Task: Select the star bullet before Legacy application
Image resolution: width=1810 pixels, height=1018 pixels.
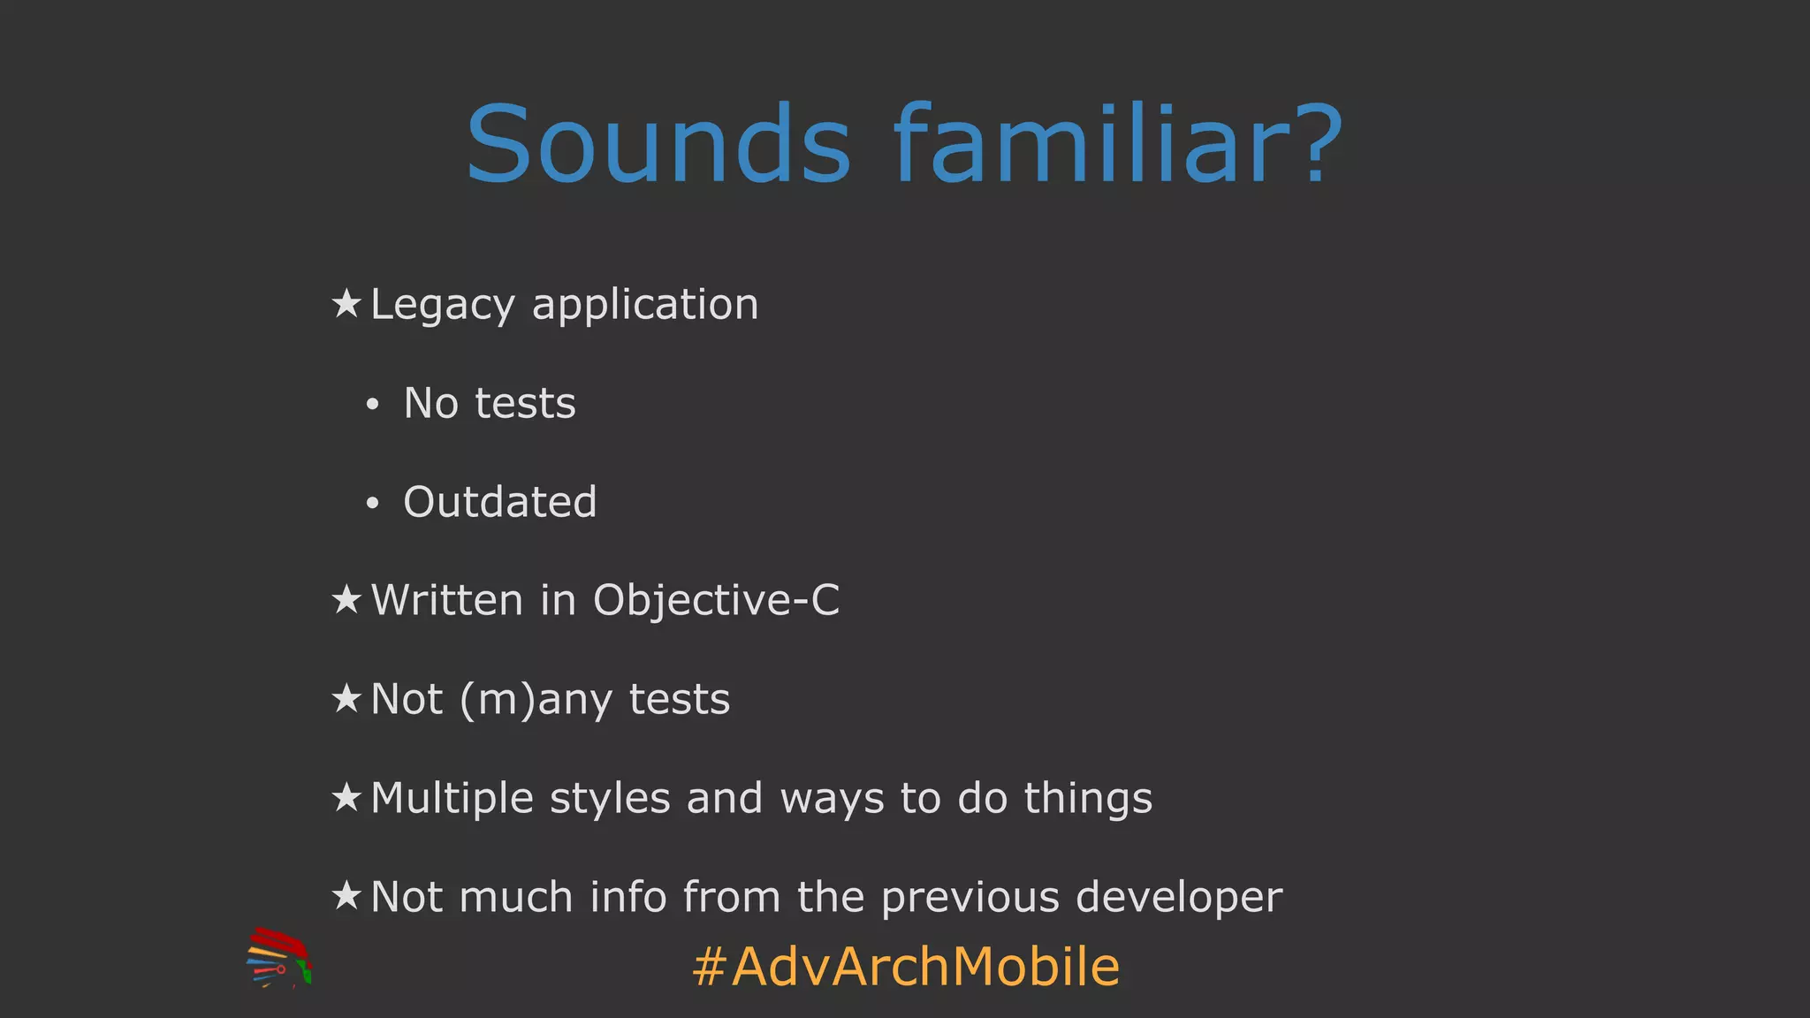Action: [x=346, y=304]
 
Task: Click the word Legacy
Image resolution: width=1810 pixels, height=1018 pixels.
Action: [x=443, y=306]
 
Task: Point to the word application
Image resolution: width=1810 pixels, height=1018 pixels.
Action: [x=645, y=306]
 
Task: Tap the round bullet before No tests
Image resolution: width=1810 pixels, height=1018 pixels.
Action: [x=373, y=405]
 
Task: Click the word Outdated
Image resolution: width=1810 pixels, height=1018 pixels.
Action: [x=500, y=502]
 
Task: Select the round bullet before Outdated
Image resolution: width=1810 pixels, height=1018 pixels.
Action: [x=373, y=504]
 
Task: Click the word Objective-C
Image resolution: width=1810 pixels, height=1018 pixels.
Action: [x=716, y=601]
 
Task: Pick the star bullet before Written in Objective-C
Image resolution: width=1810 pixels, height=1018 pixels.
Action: [x=346, y=600]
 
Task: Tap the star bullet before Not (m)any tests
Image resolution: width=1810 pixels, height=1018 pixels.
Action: [x=346, y=699]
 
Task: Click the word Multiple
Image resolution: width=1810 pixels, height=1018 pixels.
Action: [x=452, y=798]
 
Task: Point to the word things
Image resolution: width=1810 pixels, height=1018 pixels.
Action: [x=1088, y=798]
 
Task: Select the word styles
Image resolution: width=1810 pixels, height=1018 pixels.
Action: [x=610, y=798]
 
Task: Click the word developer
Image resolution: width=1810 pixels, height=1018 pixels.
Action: [x=1179, y=898]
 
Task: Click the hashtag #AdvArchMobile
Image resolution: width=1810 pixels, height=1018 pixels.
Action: [x=906, y=966]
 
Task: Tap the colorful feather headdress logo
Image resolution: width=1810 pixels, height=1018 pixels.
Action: [x=278, y=958]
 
